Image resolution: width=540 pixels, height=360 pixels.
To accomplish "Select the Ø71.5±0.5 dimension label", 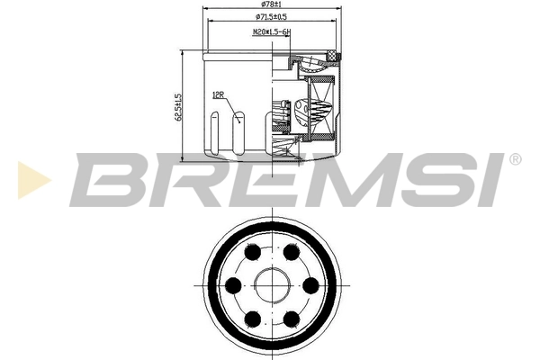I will click(271, 18).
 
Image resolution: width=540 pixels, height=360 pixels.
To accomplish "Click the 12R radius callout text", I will click(217, 94).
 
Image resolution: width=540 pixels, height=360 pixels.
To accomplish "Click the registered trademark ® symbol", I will click(515, 159).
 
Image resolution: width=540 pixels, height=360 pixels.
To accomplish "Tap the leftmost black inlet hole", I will click(233, 285).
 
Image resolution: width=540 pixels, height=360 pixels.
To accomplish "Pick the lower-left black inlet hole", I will click(252, 317).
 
